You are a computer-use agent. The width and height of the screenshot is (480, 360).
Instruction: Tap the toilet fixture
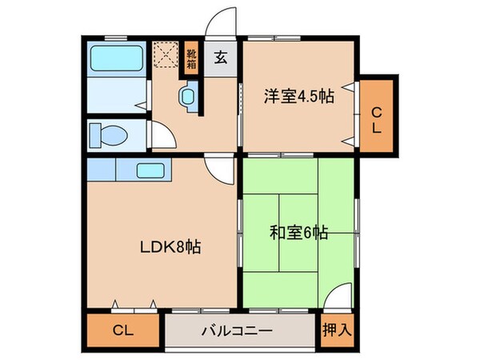tap(105, 134)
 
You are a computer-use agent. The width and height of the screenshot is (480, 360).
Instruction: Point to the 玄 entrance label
tap(219, 58)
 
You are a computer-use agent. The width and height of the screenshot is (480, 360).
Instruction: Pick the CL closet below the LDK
tap(122, 330)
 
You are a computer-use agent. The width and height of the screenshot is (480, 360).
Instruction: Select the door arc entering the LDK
tap(218, 170)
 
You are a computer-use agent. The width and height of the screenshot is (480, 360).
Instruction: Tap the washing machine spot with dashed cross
tap(166, 54)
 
